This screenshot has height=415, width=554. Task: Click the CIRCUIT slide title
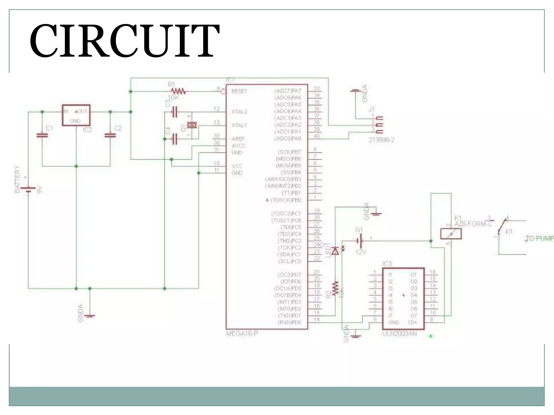[x=124, y=41]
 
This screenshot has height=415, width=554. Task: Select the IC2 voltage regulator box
[x=76, y=115]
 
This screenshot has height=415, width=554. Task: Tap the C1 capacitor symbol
[x=42, y=135]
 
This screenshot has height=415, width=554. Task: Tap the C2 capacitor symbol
[x=110, y=135]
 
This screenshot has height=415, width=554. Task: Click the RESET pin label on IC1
[x=239, y=91]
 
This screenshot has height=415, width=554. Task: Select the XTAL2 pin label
[x=239, y=112]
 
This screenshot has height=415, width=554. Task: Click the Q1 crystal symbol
[x=192, y=125]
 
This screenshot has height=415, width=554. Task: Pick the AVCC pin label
[x=239, y=146]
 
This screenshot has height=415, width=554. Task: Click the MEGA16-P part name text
[x=242, y=334]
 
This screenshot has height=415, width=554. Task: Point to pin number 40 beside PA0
[x=316, y=136]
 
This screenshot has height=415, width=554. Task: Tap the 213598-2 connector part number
[x=381, y=140]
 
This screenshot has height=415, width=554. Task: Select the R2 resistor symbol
[x=335, y=289]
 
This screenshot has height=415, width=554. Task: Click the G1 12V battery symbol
[x=360, y=240]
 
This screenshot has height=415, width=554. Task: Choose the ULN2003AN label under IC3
[x=400, y=334]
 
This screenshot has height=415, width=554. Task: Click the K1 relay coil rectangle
[x=451, y=234]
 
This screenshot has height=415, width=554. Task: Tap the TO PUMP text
[x=539, y=239]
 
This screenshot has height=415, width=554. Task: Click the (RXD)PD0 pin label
[x=289, y=322]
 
